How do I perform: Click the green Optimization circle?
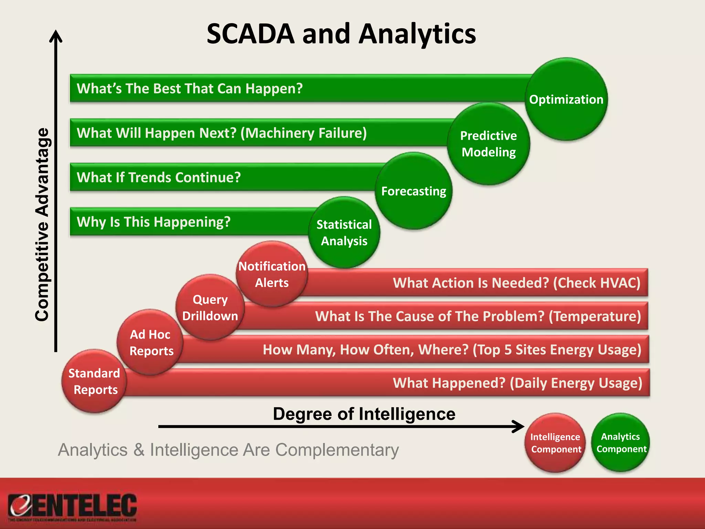point(566,99)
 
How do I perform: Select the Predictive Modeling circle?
point(488,144)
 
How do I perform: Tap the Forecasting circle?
point(413,191)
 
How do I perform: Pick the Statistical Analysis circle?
point(344,233)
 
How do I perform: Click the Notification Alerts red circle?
point(272,274)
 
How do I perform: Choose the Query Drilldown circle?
point(210,308)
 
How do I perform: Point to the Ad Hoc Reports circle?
point(150,342)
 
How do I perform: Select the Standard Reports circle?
point(94,381)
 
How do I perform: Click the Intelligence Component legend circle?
point(555,443)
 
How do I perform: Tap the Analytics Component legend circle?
point(621,443)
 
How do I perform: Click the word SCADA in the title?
point(251,34)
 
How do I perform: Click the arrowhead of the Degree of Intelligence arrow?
point(519,426)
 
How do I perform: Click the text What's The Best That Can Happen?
point(190,89)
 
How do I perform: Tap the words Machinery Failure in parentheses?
point(304,133)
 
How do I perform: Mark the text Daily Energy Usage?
point(576,383)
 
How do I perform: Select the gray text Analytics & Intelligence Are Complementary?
point(228,450)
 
